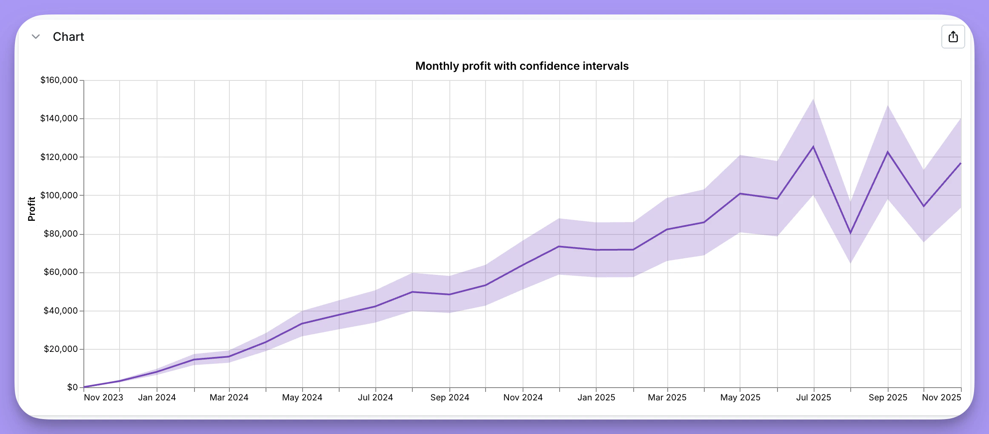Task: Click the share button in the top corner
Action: pos(953,37)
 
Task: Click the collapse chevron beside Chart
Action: pos(36,37)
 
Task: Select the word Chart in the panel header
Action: pos(69,37)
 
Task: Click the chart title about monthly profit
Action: pos(522,66)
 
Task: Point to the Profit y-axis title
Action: pos(31,209)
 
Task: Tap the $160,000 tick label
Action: pos(59,80)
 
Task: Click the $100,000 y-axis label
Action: pos(59,195)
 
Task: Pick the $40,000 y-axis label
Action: pos(61,311)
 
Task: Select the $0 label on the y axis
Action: pos(72,387)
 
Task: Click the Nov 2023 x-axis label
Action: pos(103,397)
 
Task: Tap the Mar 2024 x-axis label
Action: pos(229,397)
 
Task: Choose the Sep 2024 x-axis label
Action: pos(450,397)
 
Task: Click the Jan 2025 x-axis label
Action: pos(596,397)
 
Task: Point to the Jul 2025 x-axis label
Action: pos(814,397)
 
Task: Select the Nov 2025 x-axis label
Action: pos(941,397)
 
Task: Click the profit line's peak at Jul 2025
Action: pos(814,147)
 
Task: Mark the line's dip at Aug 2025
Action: pos(851,233)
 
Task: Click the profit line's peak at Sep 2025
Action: pos(888,152)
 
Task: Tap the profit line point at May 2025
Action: pos(740,194)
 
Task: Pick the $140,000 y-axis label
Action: pos(59,118)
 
